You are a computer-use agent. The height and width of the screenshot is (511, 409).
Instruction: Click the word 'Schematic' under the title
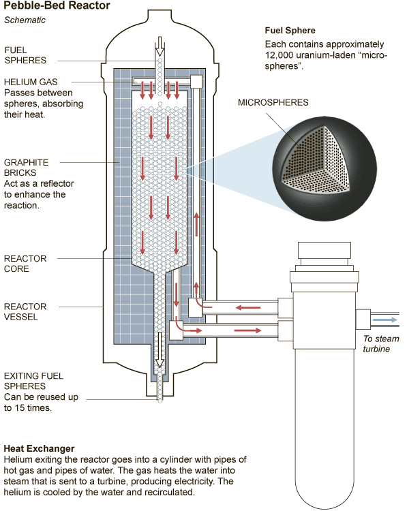click(25, 20)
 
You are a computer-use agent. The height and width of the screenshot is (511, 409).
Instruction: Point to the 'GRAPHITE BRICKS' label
click(27, 168)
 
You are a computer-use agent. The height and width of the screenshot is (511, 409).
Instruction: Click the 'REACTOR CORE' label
click(25, 264)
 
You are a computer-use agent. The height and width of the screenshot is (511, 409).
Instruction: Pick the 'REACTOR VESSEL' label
click(25, 311)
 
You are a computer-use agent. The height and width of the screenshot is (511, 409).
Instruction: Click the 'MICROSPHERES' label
click(273, 103)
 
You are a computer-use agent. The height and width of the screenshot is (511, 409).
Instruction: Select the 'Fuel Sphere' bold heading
click(290, 31)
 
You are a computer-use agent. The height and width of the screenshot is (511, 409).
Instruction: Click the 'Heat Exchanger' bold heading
click(39, 448)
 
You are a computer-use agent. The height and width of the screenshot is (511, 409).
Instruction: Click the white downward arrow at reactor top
click(160, 47)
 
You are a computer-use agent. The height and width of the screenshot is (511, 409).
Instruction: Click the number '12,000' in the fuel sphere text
click(282, 56)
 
